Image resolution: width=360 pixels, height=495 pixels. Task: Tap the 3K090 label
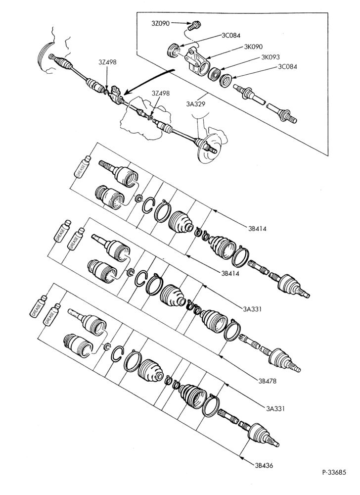pos(253,47)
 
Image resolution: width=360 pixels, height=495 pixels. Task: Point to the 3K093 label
pos(270,57)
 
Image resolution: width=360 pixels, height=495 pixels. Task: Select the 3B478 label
pos(267,381)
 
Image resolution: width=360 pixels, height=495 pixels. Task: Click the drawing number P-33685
pos(334,472)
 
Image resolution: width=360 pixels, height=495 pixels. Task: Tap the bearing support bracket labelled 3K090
pos(195,61)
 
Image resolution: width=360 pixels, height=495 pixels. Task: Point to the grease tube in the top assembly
pos(82,166)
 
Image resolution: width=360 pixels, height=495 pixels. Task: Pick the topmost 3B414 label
pos(257,228)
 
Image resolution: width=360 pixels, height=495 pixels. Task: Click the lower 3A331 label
pos(275,408)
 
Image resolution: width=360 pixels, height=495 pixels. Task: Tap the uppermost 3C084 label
pos(230,35)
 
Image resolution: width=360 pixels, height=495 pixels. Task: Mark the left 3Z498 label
pos(107,62)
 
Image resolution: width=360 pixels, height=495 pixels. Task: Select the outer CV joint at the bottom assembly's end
pos(261,435)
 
